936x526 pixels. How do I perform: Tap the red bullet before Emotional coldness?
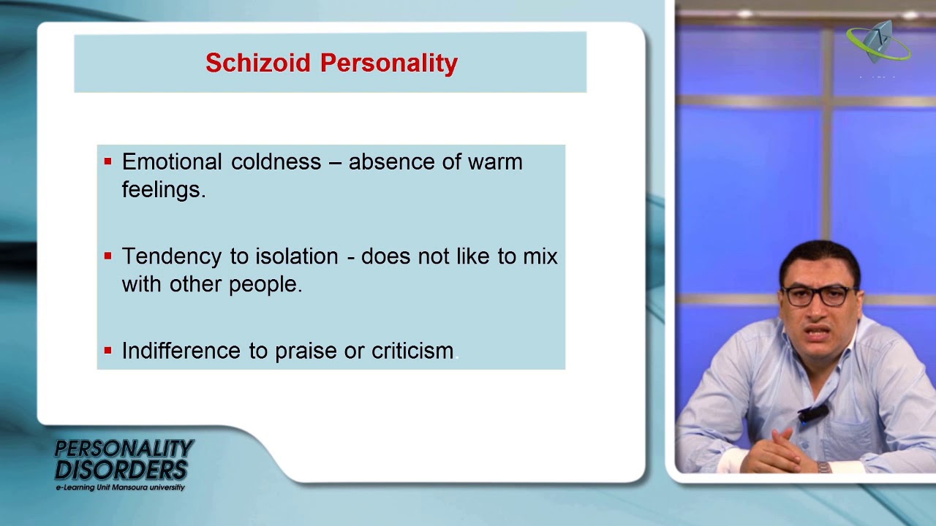tap(108, 161)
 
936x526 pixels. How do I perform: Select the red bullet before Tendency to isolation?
tap(108, 256)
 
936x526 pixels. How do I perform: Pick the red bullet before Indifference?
tap(108, 351)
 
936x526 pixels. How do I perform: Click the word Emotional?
tap(171, 161)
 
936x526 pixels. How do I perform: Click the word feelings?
tap(163, 189)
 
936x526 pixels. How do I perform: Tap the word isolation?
tap(296, 256)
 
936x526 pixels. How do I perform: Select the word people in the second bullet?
tap(265, 284)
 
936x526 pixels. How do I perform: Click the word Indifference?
tap(181, 351)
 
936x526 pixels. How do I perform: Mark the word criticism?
tap(412, 351)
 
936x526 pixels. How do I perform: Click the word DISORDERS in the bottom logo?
tap(121, 469)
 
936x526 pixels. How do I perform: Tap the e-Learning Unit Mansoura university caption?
tap(120, 487)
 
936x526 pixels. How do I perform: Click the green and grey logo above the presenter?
tap(878, 42)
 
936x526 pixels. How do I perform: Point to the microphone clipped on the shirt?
tap(812, 415)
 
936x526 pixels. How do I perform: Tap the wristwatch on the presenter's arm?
tap(824, 467)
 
